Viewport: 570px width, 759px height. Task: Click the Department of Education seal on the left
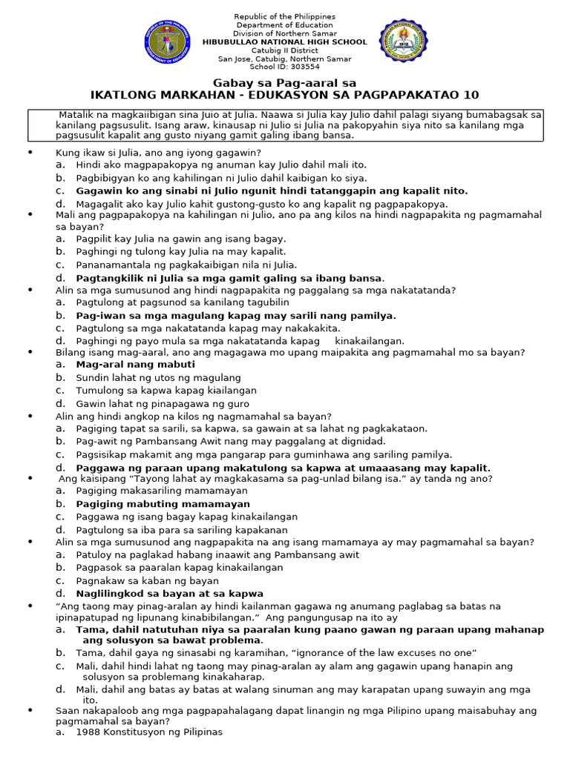pos(168,42)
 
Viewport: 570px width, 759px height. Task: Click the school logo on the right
pos(404,42)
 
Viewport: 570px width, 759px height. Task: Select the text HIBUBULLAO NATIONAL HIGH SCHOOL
pos(285,42)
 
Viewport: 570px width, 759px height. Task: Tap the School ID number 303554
pos(301,67)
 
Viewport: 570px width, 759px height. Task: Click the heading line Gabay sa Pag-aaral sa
pos(285,82)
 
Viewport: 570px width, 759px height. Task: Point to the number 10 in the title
pos(471,95)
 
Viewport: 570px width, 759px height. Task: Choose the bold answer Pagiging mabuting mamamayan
pos(163,504)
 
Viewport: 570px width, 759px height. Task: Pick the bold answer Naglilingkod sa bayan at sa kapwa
pos(169,593)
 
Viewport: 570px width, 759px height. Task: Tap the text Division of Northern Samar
pos(285,33)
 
